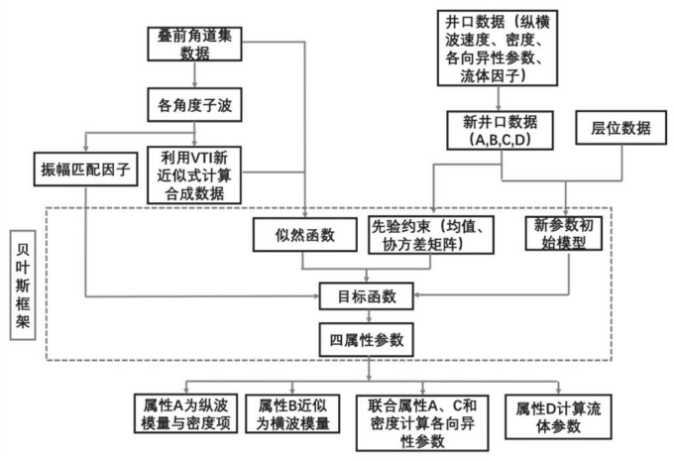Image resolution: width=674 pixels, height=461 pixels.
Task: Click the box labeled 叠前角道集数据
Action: (x=194, y=44)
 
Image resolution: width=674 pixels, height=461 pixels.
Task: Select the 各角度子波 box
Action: (x=194, y=105)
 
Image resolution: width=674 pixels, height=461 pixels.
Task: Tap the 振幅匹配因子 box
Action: (x=85, y=169)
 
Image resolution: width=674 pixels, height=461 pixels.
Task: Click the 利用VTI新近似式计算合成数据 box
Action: (x=194, y=175)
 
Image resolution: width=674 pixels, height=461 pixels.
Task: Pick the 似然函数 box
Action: (x=304, y=235)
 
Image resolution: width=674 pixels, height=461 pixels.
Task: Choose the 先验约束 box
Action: (x=431, y=235)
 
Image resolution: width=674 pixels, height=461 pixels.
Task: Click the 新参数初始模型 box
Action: (x=564, y=234)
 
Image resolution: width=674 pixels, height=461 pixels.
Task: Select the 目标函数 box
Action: (x=366, y=296)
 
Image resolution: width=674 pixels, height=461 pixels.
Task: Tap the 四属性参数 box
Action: (x=366, y=340)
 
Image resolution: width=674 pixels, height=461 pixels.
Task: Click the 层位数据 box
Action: (x=620, y=128)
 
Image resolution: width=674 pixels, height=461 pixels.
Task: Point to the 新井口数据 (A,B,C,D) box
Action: (x=500, y=130)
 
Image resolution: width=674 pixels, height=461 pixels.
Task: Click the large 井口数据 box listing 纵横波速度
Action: (x=498, y=49)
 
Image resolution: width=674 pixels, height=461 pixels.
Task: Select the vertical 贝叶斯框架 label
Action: (x=23, y=286)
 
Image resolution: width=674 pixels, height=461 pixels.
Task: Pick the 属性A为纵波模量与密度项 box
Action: (x=185, y=413)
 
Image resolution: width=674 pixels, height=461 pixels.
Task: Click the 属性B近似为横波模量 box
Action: (x=292, y=413)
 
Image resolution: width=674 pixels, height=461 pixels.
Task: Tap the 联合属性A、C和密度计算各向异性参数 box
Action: (x=422, y=422)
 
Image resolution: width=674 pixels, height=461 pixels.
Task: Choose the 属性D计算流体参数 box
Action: (x=558, y=416)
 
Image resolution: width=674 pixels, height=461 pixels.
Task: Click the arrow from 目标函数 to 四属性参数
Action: (x=369, y=316)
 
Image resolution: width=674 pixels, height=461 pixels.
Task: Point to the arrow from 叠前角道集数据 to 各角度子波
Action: (x=194, y=74)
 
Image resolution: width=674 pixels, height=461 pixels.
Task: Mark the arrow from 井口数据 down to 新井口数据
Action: (x=499, y=98)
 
